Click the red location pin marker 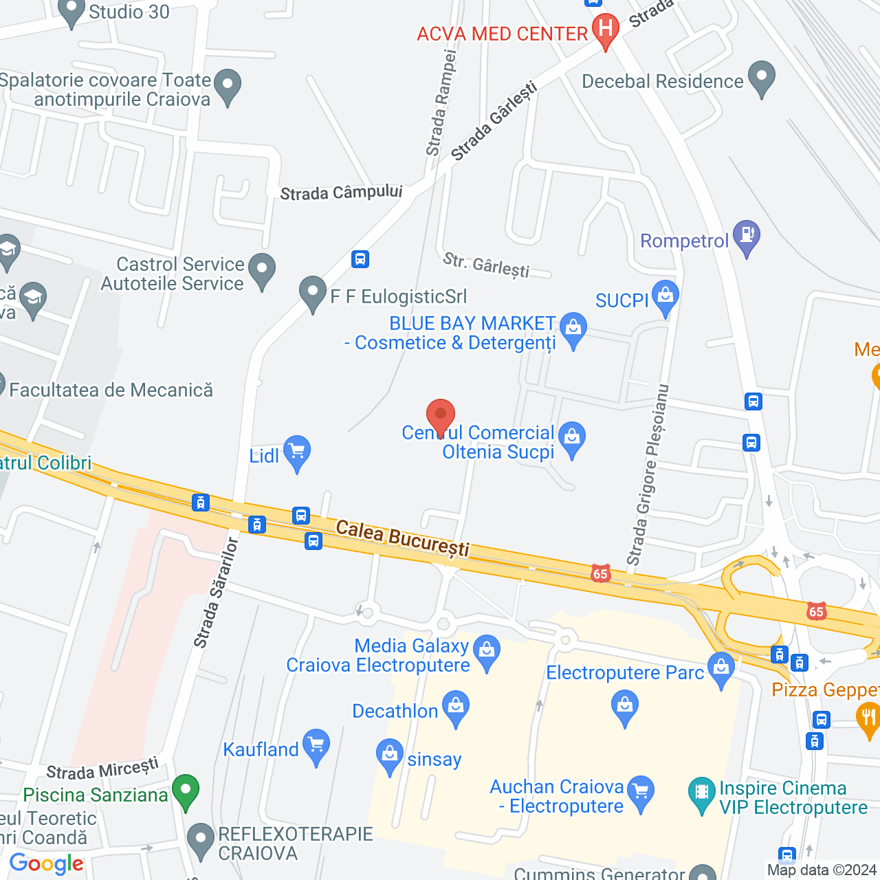(441, 416)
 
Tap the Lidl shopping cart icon (297, 452)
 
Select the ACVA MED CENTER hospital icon (606, 30)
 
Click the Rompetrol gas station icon (747, 236)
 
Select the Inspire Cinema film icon (701, 794)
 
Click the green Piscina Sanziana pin (186, 791)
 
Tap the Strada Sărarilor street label (216, 593)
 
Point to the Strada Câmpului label (341, 192)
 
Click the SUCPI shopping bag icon (665, 297)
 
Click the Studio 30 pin (71, 12)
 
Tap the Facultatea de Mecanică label (111, 390)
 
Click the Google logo (47, 864)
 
